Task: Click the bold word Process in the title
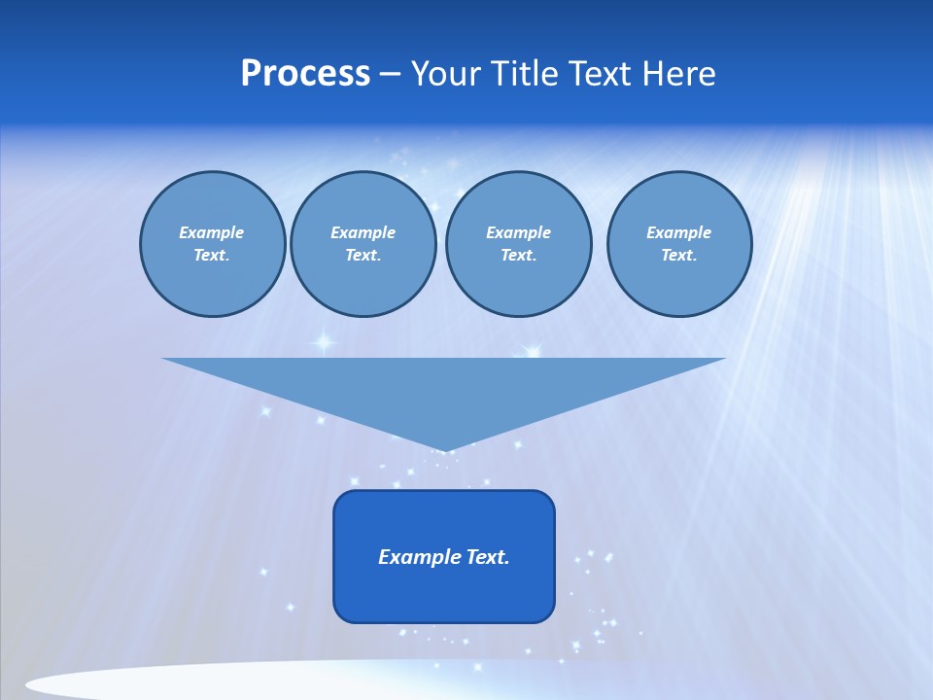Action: pos(305,74)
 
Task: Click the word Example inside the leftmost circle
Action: pos(212,232)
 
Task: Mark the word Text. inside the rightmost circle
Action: pos(678,255)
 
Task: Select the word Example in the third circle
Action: pos(518,232)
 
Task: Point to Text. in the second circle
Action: pos(363,255)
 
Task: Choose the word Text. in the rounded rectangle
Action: pos(487,557)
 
